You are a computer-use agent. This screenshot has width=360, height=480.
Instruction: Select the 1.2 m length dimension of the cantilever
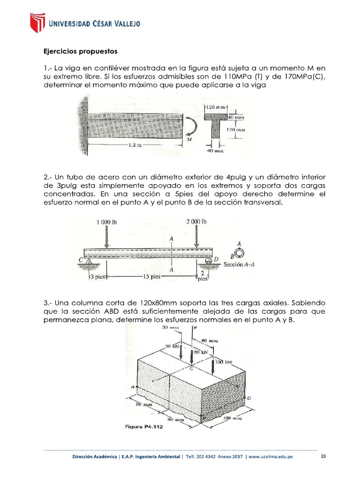pyautogui.click(x=135, y=145)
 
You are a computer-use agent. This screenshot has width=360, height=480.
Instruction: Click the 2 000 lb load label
pyautogui.click(x=196, y=221)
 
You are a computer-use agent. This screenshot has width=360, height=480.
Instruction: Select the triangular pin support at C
pyautogui.click(x=86, y=262)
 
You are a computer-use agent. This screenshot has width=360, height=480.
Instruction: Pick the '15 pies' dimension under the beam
pyautogui.click(x=151, y=277)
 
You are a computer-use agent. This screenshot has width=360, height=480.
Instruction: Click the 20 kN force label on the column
pyautogui.click(x=201, y=352)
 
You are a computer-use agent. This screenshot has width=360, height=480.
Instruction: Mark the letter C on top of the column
pyautogui.click(x=191, y=369)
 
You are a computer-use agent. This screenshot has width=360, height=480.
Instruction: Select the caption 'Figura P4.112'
pyautogui.click(x=144, y=426)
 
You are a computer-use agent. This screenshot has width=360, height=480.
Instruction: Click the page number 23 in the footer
pyautogui.click(x=323, y=457)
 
